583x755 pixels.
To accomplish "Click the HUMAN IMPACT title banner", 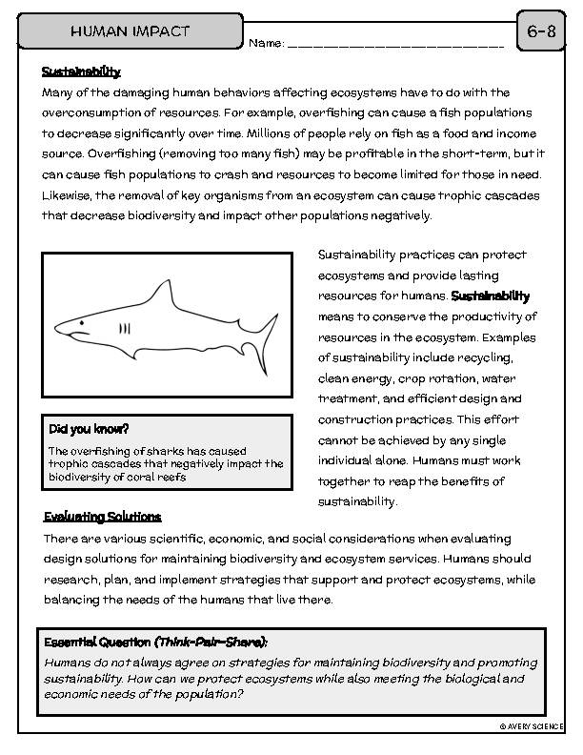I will click(131, 31).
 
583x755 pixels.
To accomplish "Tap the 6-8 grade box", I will click(540, 31).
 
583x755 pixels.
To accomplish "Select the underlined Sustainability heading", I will click(81, 71).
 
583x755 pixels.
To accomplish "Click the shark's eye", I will click(82, 323).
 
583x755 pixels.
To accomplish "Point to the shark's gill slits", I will click(124, 328).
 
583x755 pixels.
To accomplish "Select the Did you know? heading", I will click(89, 429).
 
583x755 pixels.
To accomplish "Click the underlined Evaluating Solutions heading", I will click(102, 517).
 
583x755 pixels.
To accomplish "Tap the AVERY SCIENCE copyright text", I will click(532, 726).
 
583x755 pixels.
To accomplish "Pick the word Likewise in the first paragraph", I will click(68, 194).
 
